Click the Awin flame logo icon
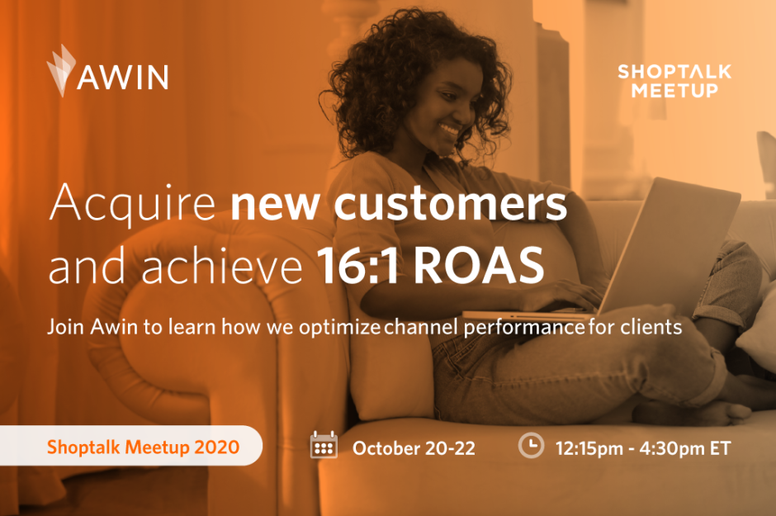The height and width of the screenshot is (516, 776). (x=61, y=70)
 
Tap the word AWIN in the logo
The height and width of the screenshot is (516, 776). (x=123, y=77)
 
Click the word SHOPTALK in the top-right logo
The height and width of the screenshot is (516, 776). (x=674, y=72)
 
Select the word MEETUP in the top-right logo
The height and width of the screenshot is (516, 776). (x=674, y=90)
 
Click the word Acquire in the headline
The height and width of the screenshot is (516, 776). (x=132, y=203)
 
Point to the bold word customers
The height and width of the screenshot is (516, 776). (x=451, y=203)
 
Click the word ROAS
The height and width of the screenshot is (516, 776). (x=479, y=265)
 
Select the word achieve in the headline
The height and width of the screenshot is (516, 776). (x=222, y=265)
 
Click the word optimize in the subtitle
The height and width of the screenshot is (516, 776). (x=339, y=328)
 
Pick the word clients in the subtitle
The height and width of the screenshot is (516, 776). (x=651, y=327)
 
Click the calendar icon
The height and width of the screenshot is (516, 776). (x=324, y=444)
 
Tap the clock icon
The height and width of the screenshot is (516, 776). (x=531, y=445)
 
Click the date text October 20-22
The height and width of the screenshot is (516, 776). (x=414, y=448)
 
